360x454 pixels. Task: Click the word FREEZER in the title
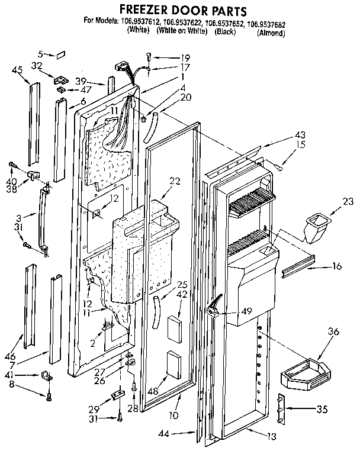click(x=146, y=10)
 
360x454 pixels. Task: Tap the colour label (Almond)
click(x=271, y=33)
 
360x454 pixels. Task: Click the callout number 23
click(x=348, y=201)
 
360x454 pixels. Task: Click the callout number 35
click(x=337, y=408)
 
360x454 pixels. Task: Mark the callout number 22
click(x=173, y=181)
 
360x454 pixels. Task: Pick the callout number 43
click(x=287, y=134)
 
